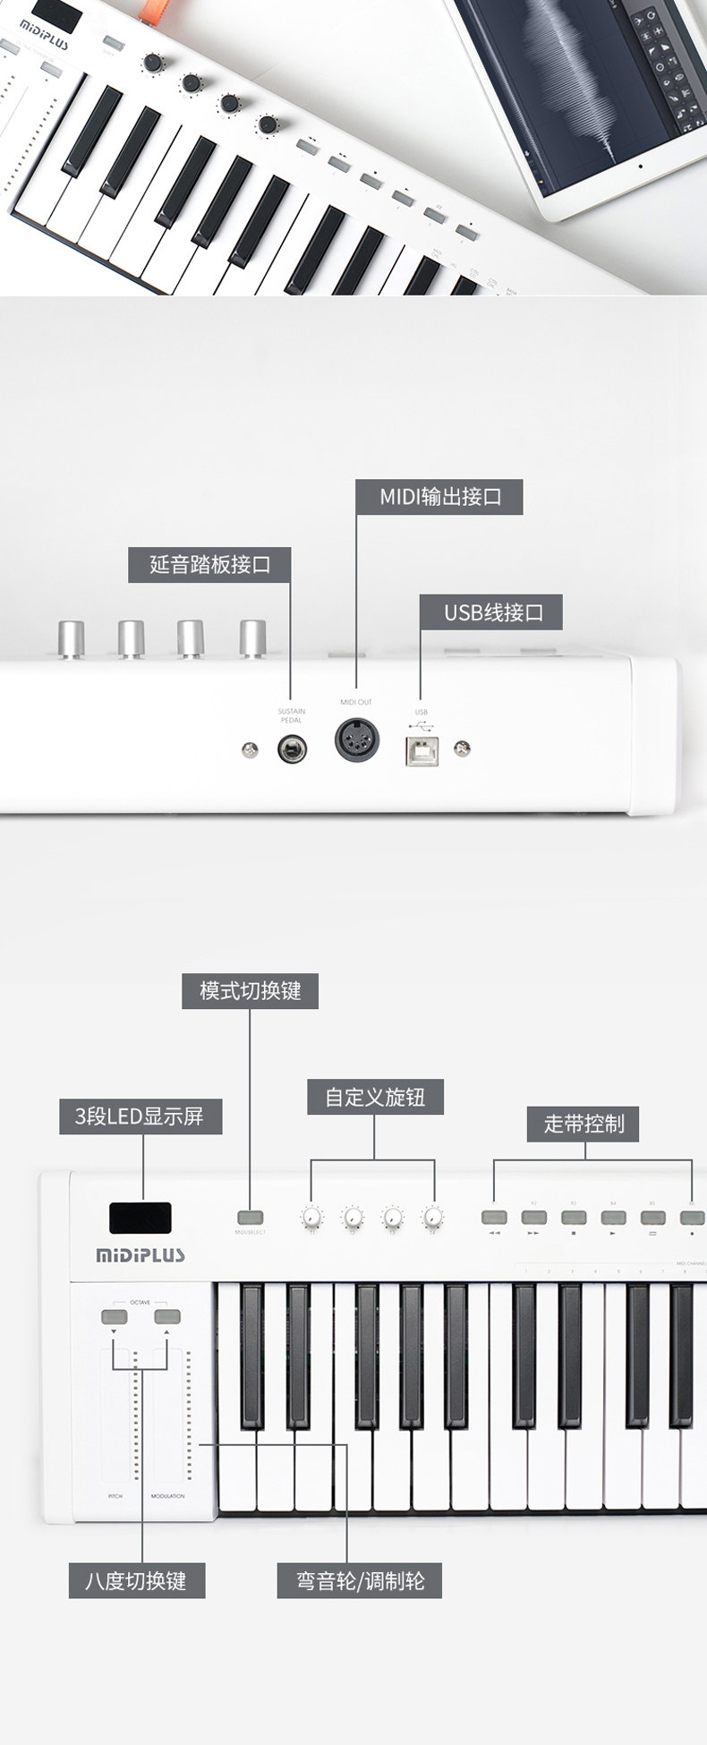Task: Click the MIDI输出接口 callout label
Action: tap(439, 496)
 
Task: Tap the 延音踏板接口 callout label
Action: tap(209, 564)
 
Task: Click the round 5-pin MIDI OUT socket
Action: tap(356, 740)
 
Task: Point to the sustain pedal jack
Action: tap(290, 748)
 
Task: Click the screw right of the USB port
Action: tap(463, 748)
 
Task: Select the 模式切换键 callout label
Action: tap(250, 990)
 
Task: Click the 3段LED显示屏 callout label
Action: tap(140, 1116)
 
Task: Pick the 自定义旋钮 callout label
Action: tap(375, 1097)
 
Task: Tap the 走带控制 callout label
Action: tap(584, 1123)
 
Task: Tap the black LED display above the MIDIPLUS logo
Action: tap(141, 1217)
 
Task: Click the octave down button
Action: tap(114, 1316)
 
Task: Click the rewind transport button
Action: tap(494, 1217)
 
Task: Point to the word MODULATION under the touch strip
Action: tap(167, 1496)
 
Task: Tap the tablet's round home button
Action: tap(641, 166)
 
